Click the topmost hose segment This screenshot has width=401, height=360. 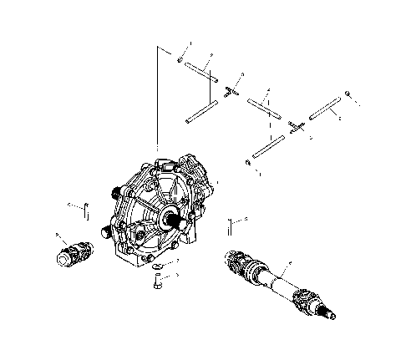coord(202,72)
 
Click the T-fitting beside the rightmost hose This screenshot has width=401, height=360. coord(294,124)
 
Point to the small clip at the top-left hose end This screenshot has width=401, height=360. coord(180,58)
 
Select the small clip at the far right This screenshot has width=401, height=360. coord(349,99)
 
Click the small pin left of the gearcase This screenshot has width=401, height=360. coord(83,207)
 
